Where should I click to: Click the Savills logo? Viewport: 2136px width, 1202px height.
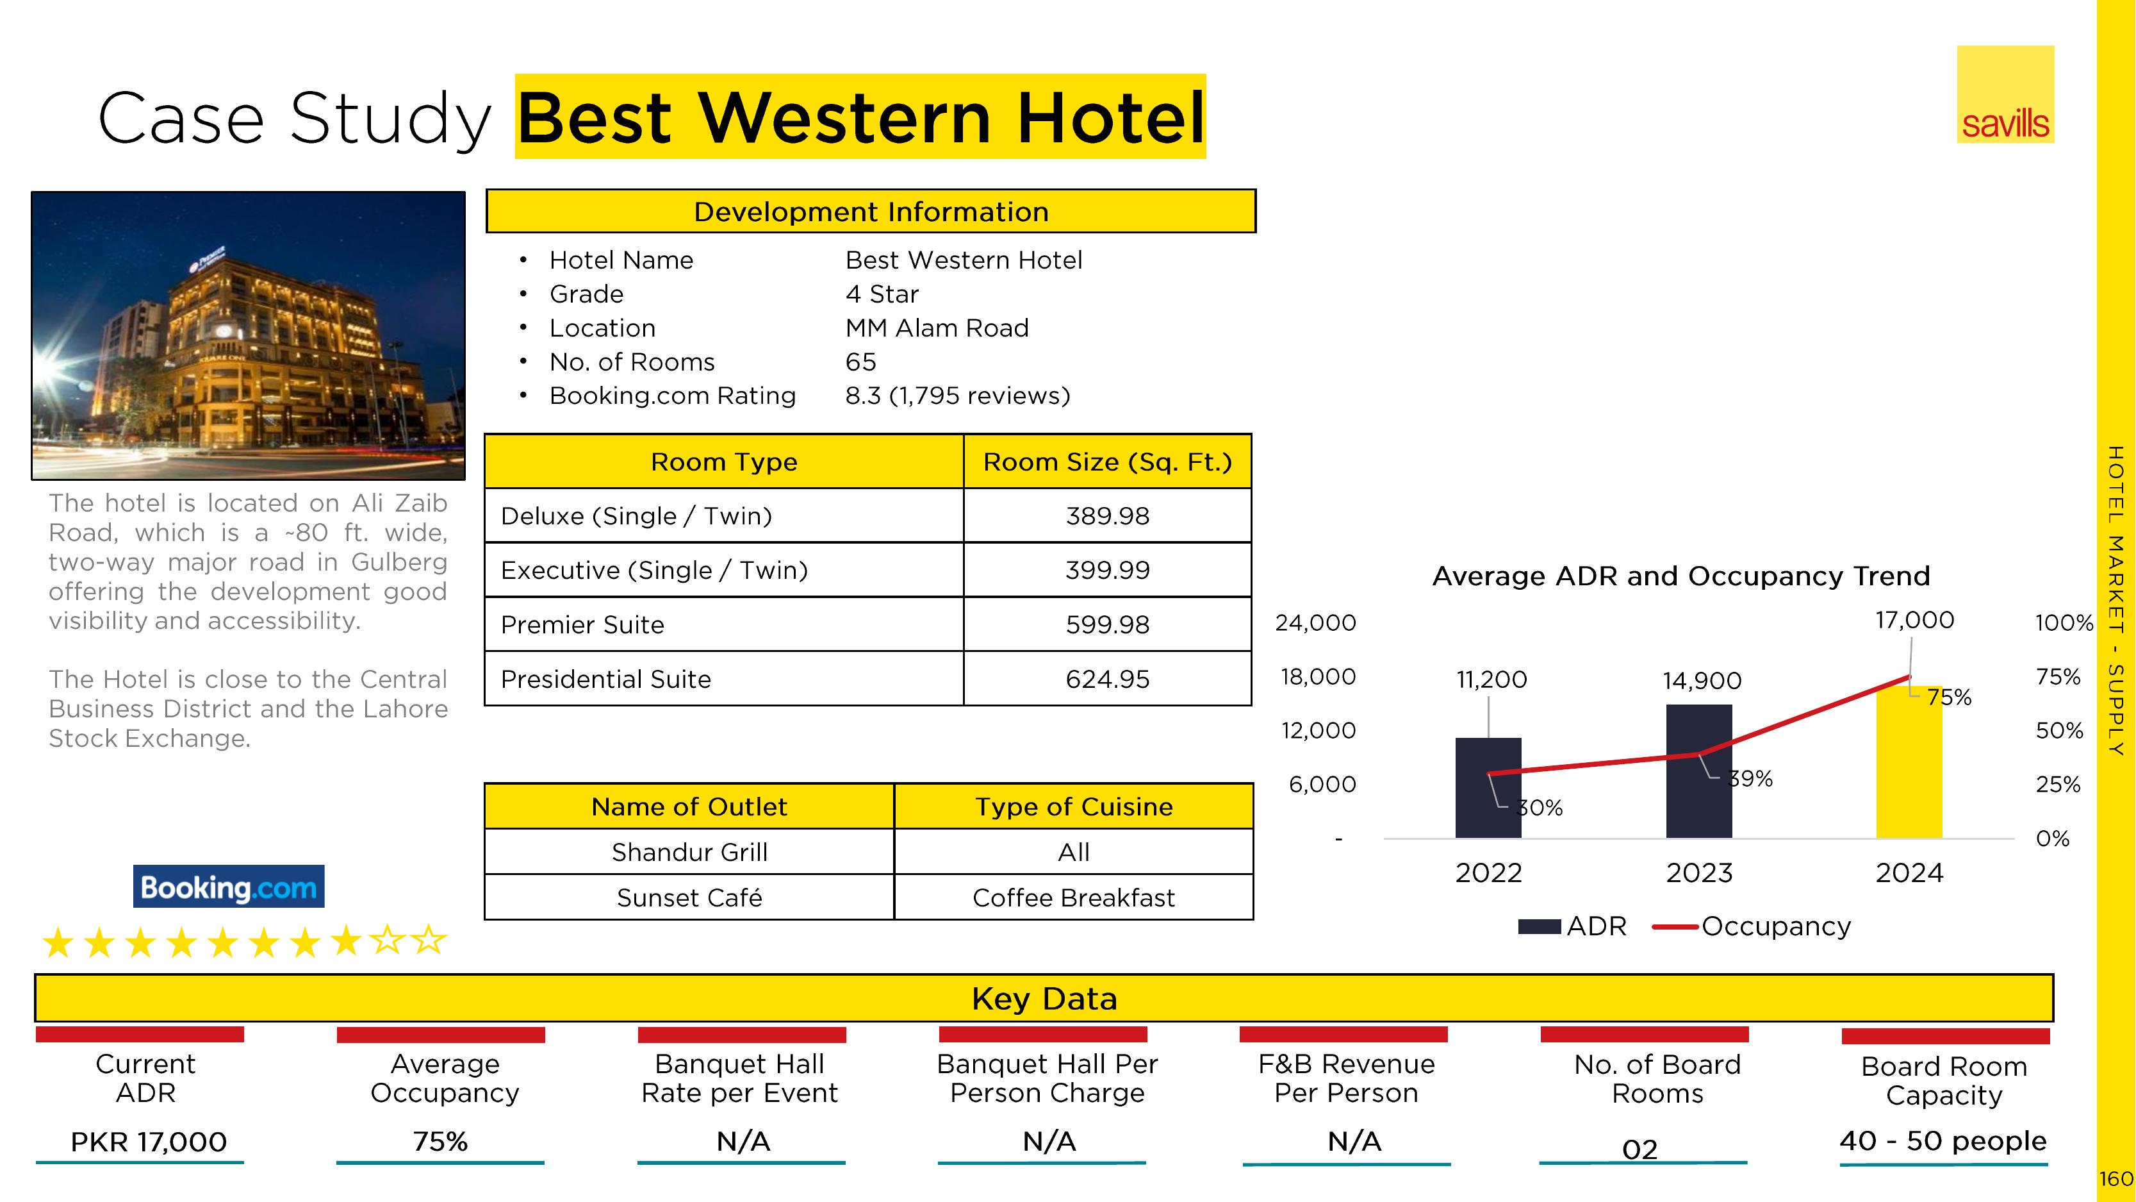(2005, 94)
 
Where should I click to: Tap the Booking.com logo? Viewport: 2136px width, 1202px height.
(228, 887)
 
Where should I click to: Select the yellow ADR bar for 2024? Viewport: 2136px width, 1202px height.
(1909, 762)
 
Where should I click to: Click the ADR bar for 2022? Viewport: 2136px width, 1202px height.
(1488, 788)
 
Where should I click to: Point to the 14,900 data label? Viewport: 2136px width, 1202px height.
(1702, 681)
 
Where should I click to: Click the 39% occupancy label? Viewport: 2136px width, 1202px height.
(1750, 779)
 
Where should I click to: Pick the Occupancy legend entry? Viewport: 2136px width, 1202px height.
(1751, 926)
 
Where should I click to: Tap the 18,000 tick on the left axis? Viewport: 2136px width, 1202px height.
(1319, 677)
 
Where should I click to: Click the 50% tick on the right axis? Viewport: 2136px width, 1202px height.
(2059, 731)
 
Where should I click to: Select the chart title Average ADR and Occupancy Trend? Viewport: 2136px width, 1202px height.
(1680, 576)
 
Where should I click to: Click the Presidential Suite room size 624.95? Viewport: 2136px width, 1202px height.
(1107, 680)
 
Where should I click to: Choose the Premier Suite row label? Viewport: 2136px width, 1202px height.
(582, 624)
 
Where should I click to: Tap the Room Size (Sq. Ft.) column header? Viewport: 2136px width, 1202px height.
(1107, 462)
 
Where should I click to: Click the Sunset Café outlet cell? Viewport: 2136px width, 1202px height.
(689, 897)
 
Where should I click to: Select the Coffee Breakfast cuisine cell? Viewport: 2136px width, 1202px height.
(1073, 897)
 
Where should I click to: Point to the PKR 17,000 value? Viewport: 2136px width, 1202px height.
(149, 1142)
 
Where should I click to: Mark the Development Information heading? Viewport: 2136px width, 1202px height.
(871, 212)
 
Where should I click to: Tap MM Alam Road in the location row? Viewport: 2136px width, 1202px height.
(937, 328)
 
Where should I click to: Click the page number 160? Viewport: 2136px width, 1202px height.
(2116, 1179)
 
